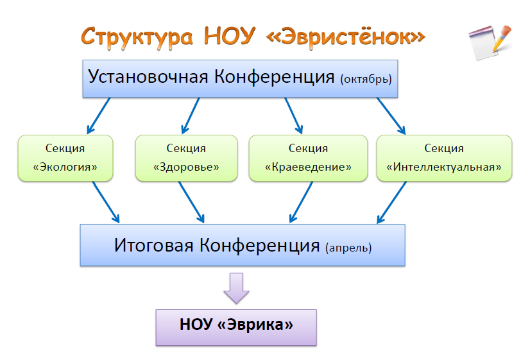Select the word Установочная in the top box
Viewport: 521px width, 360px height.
pyautogui.click(x=148, y=77)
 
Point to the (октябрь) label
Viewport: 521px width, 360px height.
pyautogui.click(x=366, y=80)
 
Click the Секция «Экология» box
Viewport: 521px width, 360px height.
pyautogui.click(x=65, y=158)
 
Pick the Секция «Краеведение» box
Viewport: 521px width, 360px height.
pyautogui.click(x=308, y=158)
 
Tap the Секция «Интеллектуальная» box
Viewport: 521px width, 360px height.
pyautogui.click(x=444, y=158)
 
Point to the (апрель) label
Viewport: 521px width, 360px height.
pyautogui.click(x=348, y=247)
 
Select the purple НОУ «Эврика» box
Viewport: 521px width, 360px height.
pyautogui.click(x=236, y=327)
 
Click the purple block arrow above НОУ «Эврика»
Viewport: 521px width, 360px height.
pyautogui.click(x=235, y=287)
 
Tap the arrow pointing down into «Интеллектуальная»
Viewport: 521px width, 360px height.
pyautogui.click(x=392, y=116)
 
